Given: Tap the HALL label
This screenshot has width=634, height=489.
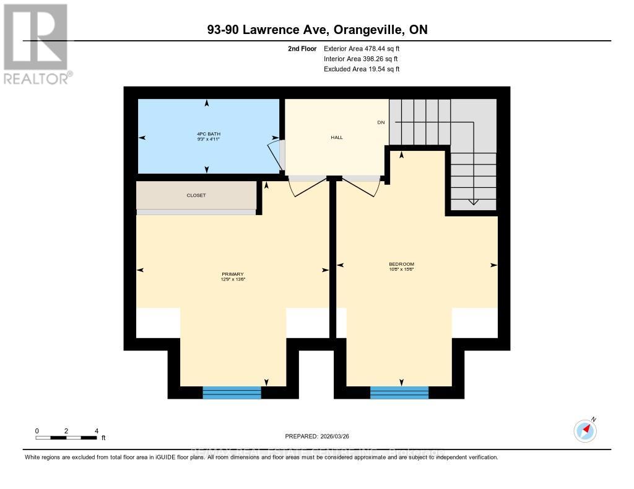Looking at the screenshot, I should (337, 137).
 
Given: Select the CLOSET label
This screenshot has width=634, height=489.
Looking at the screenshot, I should (196, 195).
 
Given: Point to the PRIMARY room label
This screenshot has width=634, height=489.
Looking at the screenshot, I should (233, 274).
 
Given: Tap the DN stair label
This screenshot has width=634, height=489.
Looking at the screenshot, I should (381, 122).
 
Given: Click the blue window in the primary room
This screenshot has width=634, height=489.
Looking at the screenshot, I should (232, 392).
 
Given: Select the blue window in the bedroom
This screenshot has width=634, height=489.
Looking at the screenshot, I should (399, 392).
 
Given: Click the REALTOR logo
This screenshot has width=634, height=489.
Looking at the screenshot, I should (36, 43).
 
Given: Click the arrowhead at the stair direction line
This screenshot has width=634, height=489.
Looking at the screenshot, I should (473, 201).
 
